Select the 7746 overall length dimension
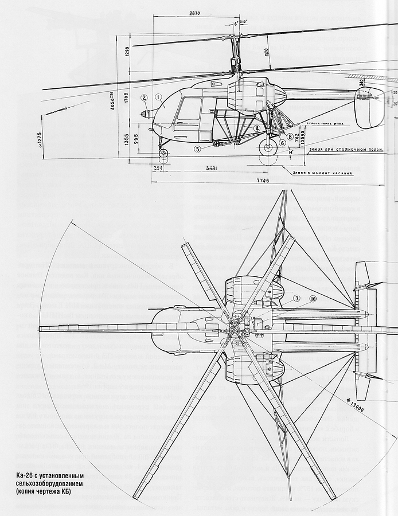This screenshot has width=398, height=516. [263, 181]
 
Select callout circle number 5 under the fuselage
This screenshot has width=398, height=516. [197, 149]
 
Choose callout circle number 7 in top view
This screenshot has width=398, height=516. [297, 298]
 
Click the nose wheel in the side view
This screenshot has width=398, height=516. [165, 153]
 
